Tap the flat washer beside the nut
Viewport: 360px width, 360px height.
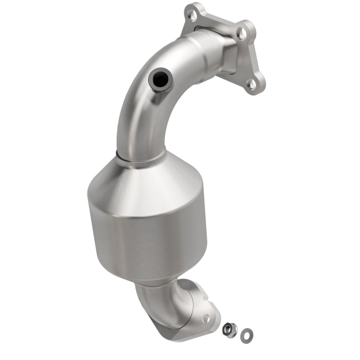point(246,333)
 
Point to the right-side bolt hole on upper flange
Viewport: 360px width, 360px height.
point(242,32)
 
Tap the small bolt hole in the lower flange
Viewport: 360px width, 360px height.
point(207,319)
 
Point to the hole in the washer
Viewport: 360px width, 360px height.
point(246,333)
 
